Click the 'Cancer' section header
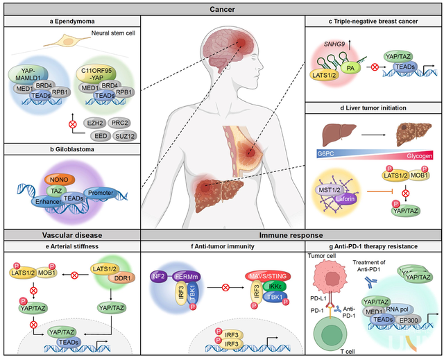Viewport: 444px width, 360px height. (222, 9)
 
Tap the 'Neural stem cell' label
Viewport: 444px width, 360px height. (114, 33)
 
